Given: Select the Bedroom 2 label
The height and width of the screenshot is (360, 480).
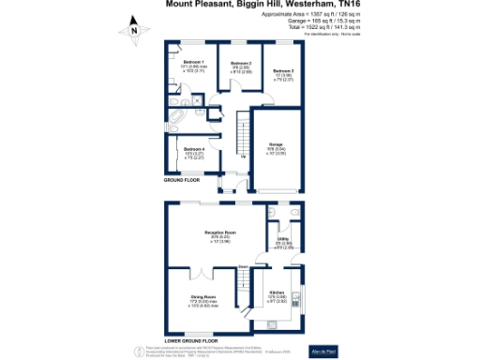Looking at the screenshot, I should pyautogui.click(x=242, y=67).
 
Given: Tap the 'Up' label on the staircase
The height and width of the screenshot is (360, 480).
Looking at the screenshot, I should pyautogui.click(x=246, y=156).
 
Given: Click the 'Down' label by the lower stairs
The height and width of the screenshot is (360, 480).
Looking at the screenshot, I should pyautogui.click(x=242, y=268).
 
